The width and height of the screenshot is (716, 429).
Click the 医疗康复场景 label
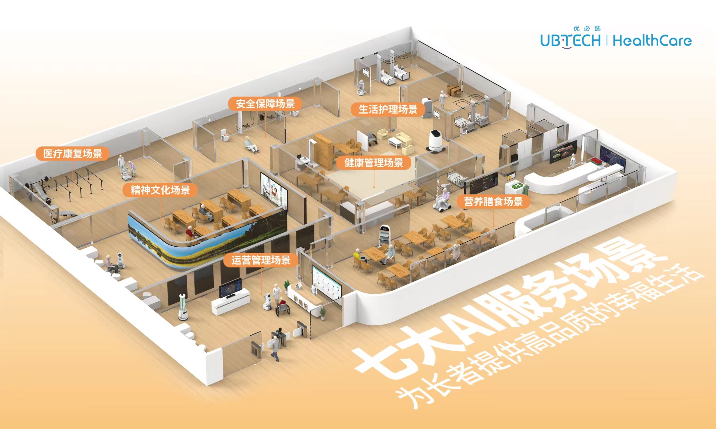[x=72, y=154]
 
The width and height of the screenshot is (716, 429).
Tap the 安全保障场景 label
[x=265, y=104]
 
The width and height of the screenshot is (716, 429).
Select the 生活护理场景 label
[x=388, y=109]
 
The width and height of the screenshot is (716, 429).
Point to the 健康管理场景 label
[x=373, y=163]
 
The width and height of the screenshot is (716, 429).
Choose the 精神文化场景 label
[x=160, y=190]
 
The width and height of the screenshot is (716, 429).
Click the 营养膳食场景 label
[x=493, y=201]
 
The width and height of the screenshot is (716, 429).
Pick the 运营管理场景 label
[x=261, y=260]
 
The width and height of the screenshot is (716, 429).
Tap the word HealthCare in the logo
[x=652, y=41]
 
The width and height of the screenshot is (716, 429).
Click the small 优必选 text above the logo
[x=587, y=28]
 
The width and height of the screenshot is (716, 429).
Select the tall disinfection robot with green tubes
[x=183, y=307]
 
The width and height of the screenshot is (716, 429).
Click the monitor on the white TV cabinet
[x=230, y=288]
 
